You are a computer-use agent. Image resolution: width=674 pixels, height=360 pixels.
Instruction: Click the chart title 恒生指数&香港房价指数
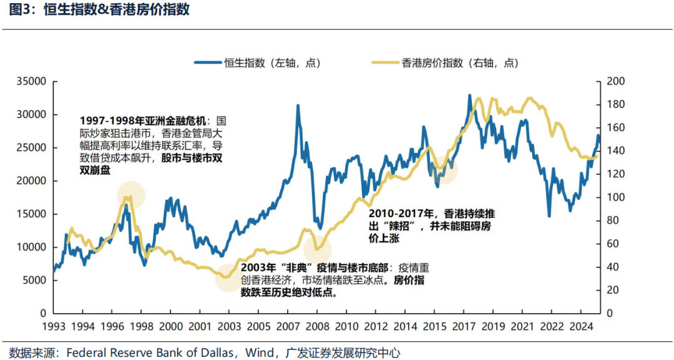coord(117,10)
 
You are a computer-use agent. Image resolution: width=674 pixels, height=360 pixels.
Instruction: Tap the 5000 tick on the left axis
coord(36,280)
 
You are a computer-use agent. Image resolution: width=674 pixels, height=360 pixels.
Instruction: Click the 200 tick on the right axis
coord(615,82)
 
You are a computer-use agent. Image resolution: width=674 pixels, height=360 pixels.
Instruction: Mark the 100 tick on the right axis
coord(615,197)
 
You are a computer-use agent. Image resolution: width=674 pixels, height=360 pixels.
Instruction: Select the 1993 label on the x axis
coord(54,326)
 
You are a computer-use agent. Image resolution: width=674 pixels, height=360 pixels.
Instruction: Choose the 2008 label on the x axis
coord(317,326)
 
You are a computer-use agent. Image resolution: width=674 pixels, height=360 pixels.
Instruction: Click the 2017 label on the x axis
coord(463,326)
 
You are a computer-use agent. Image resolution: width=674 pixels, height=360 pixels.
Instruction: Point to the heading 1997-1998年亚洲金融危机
coord(145,120)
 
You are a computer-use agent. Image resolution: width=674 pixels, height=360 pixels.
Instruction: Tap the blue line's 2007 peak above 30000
coord(298,106)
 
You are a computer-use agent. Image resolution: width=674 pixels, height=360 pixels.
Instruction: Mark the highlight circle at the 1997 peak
coord(130,195)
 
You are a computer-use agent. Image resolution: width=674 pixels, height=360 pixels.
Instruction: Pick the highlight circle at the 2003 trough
coord(228,277)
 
